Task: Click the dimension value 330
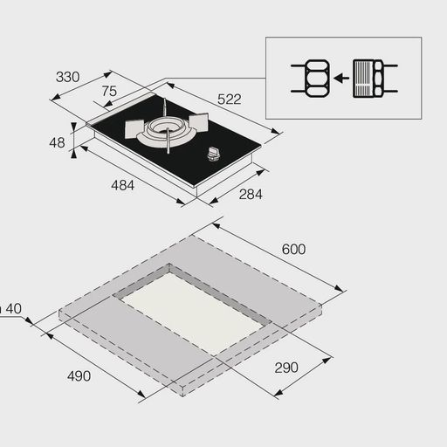(67, 78)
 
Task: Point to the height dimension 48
(57, 142)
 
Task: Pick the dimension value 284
(250, 195)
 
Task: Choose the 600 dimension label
(293, 250)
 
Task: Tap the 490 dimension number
(79, 376)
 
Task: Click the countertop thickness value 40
(16, 307)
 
